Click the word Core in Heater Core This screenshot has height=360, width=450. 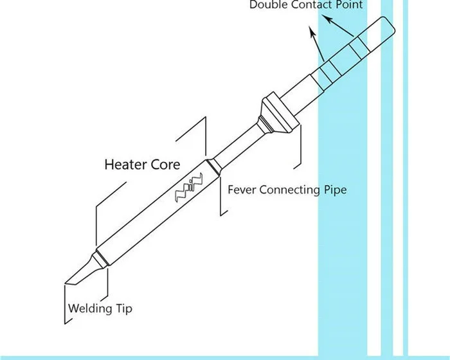[165, 165]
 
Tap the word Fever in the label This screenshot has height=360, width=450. [242, 190]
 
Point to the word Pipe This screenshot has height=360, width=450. [333, 190]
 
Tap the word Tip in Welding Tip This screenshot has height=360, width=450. [125, 309]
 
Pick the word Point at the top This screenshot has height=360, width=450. [348, 5]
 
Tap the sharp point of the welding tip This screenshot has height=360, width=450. [67, 282]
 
